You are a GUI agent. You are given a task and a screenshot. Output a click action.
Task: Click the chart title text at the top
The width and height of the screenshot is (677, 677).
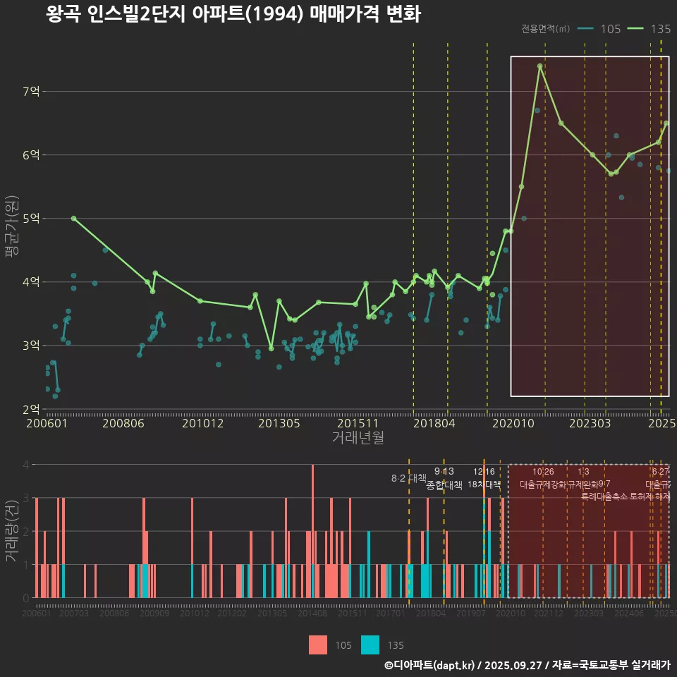pyautogui.click(x=233, y=14)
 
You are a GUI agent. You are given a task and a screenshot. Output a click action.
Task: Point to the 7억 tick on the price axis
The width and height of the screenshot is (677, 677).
pyautogui.click(x=32, y=91)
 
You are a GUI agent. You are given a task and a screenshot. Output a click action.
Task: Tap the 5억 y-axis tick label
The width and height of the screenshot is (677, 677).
pyautogui.click(x=32, y=218)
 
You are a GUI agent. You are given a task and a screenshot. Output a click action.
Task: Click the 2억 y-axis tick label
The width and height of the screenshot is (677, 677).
pyautogui.click(x=32, y=409)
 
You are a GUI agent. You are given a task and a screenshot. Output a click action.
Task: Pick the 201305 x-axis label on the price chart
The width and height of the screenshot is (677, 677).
pyautogui.click(x=279, y=423)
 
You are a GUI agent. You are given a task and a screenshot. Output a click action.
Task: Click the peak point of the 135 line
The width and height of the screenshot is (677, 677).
pyautogui.click(x=539, y=66)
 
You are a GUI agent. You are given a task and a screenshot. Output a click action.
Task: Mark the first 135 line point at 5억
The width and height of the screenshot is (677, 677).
pyautogui.click(x=73, y=219)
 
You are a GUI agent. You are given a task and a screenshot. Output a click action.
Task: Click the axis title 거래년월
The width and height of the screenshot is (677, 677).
pyautogui.click(x=358, y=437)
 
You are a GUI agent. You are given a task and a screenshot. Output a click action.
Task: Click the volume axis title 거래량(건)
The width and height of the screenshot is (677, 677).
pyautogui.click(x=11, y=531)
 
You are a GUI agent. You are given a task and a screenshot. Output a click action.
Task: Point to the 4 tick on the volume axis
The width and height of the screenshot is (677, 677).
pyautogui.click(x=26, y=465)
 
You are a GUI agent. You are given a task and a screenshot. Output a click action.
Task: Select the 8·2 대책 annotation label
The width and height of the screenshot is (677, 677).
pyautogui.click(x=409, y=478)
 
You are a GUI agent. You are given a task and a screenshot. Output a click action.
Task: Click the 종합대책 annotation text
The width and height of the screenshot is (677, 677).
pyautogui.click(x=444, y=485)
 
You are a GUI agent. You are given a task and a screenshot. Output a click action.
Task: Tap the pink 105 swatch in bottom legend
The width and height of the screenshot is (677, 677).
pyautogui.click(x=318, y=645)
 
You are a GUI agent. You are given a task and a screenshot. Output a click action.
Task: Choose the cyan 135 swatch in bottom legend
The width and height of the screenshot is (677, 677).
pyautogui.click(x=370, y=645)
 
